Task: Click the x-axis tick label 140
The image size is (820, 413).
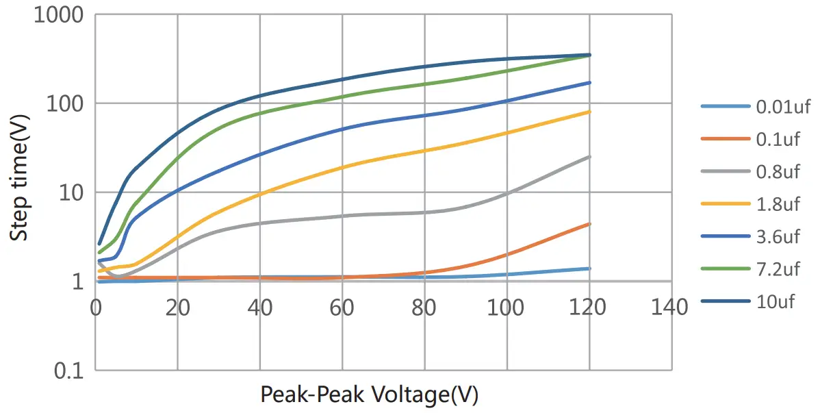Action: pos(671,308)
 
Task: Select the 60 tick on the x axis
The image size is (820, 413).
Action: pos(342,308)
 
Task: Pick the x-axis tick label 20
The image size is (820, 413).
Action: pos(177,308)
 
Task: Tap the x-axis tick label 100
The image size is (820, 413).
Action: pos(507,308)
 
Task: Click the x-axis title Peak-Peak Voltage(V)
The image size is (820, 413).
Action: pos(369,395)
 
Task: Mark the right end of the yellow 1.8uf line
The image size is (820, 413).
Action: pos(589,112)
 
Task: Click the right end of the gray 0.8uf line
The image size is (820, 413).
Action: pos(589,157)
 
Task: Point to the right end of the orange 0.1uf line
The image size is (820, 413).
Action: pos(589,224)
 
